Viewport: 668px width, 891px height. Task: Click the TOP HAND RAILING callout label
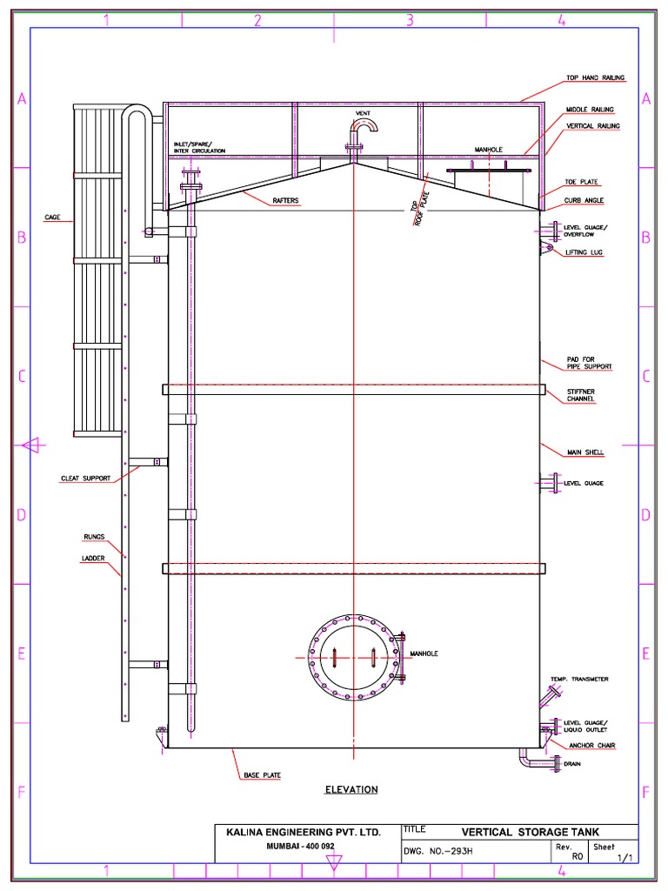595,78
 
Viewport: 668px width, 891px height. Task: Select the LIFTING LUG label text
584,252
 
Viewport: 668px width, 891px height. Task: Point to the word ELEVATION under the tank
351,790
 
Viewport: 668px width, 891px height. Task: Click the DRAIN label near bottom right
572,764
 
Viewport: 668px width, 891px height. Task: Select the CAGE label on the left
52,217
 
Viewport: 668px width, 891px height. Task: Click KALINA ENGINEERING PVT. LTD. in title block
304,833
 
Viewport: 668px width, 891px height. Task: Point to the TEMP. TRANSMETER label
578,679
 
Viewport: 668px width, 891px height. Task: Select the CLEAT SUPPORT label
85,478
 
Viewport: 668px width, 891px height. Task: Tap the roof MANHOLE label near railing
488,150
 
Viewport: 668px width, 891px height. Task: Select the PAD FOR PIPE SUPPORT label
588,363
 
